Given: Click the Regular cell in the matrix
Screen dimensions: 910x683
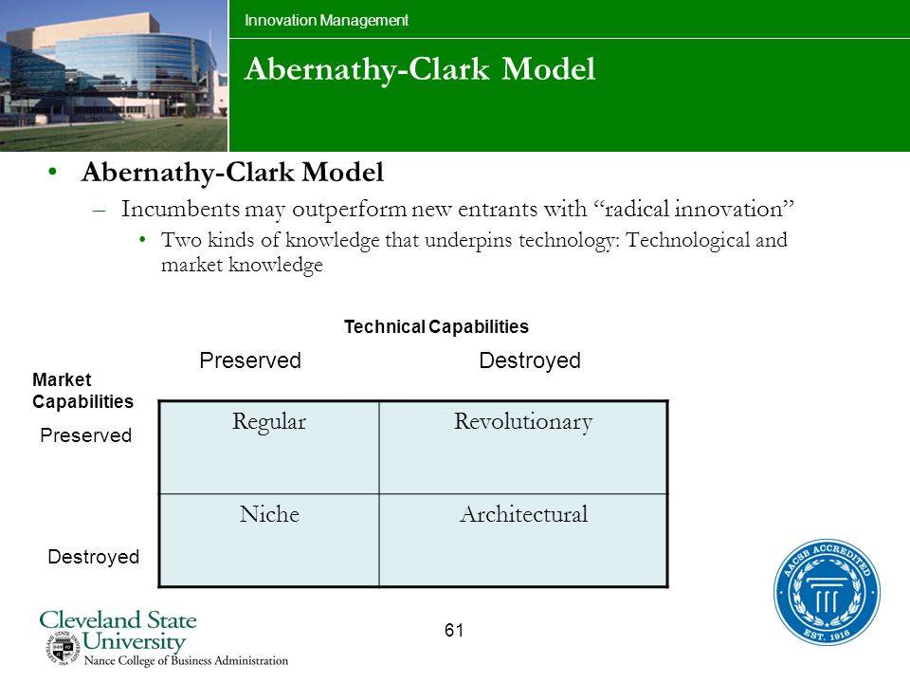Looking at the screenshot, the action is click(x=268, y=447).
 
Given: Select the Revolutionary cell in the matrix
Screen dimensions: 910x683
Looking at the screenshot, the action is click(x=523, y=447).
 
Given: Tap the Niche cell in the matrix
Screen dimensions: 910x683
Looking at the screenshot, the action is click(x=268, y=540).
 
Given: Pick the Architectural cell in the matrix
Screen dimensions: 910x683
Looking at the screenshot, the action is click(x=523, y=540).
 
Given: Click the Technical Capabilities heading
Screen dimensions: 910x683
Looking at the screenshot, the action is click(x=436, y=327).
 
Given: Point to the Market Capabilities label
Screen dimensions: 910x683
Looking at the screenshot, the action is click(x=82, y=390).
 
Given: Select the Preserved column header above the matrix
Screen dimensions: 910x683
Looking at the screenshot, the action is click(x=250, y=360).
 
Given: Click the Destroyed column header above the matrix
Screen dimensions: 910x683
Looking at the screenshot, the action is click(x=529, y=360).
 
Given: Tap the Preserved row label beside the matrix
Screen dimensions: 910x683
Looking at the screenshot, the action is click(x=86, y=435).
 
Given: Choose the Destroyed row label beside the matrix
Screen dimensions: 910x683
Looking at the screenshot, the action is click(x=94, y=557).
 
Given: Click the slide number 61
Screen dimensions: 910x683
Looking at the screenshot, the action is click(x=454, y=630).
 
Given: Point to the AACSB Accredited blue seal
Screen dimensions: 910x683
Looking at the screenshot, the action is click(x=827, y=592).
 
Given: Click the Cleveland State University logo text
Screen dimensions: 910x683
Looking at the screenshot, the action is click(x=118, y=630).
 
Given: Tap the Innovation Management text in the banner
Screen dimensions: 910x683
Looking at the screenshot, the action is click(x=326, y=20).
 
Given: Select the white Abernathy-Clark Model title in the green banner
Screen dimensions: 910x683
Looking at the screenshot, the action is click(x=420, y=69).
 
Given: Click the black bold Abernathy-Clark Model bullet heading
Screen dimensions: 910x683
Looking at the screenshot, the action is click(x=233, y=172).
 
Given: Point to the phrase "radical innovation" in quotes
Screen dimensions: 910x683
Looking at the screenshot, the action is click(x=693, y=209).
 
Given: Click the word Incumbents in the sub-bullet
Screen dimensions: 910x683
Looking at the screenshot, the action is click(x=180, y=209).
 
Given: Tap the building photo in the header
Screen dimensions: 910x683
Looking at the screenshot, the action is click(x=114, y=76).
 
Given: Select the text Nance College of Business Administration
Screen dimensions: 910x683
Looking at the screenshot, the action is click(x=187, y=660).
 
